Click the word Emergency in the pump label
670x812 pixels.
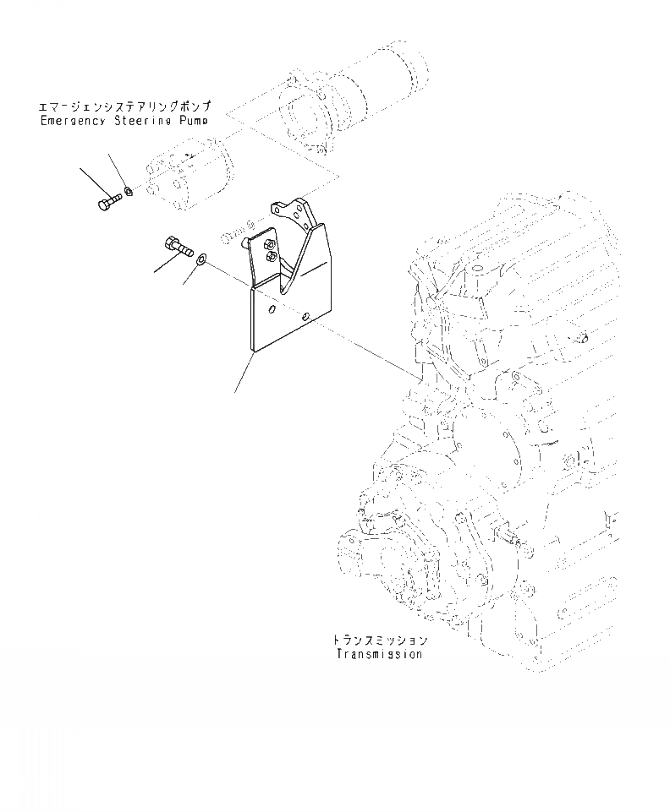click(x=71, y=121)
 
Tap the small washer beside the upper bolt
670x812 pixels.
click(x=127, y=192)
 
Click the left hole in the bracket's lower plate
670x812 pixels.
click(x=271, y=311)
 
